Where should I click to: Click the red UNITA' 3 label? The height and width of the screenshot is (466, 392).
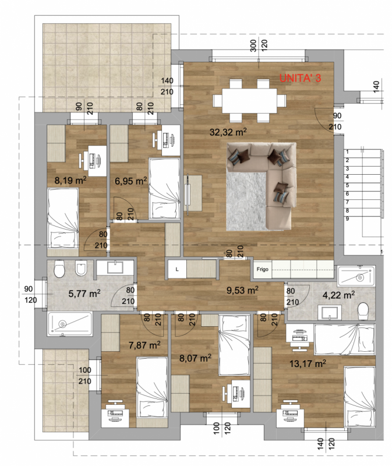300,78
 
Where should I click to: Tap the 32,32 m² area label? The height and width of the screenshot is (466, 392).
228,132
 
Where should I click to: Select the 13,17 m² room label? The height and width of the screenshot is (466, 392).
308,363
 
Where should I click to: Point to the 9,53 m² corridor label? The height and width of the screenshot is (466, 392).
242,290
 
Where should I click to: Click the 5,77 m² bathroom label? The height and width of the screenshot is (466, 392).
84,294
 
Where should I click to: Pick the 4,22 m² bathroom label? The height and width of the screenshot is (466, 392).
338,295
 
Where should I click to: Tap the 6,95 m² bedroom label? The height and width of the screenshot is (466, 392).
131,181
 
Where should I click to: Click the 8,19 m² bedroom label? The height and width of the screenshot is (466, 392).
70,180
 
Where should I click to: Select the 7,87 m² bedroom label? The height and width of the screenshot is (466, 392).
144,345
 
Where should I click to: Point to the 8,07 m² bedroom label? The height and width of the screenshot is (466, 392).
195,358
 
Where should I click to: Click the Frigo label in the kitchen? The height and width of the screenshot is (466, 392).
263,269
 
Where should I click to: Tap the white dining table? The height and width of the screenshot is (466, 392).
250,101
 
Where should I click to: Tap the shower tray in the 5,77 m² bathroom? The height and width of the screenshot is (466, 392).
70,324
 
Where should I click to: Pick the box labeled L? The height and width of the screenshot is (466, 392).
177,269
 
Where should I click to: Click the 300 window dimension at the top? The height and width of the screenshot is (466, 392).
253,45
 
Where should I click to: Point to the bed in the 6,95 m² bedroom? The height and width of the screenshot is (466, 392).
164,188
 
